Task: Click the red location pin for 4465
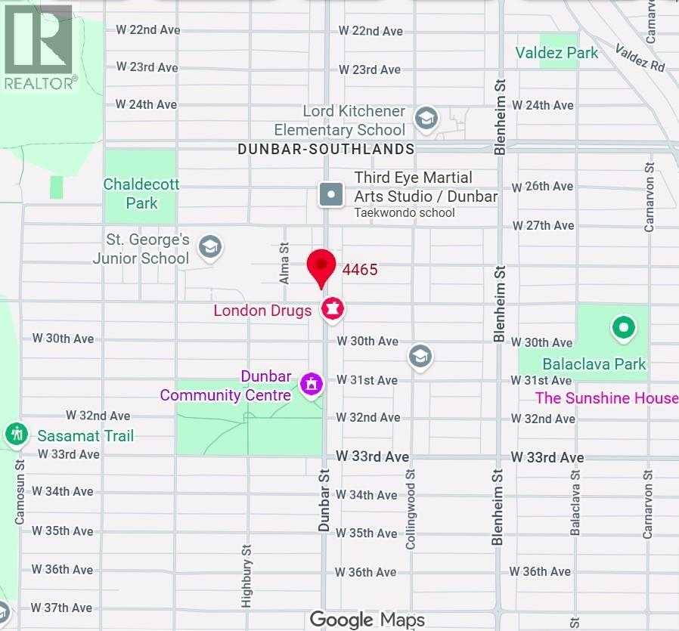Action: (x=321, y=266)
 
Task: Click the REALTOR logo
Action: (x=39, y=47)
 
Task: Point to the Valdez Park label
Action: (x=557, y=53)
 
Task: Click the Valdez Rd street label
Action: (x=640, y=57)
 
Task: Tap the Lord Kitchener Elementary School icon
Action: (x=426, y=118)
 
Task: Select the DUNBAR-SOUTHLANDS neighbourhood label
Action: (x=326, y=150)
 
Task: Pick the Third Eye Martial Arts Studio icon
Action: (x=330, y=195)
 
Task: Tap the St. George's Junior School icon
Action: (x=209, y=246)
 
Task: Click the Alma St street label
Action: (x=285, y=263)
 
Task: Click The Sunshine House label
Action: (x=606, y=398)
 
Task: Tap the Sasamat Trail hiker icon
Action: (x=16, y=435)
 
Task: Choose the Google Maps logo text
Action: (x=367, y=620)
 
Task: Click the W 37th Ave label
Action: (x=61, y=608)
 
